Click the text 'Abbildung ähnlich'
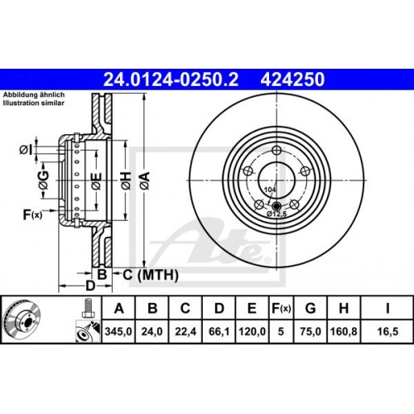[x=31, y=95]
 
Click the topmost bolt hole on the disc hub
[x=274, y=150]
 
